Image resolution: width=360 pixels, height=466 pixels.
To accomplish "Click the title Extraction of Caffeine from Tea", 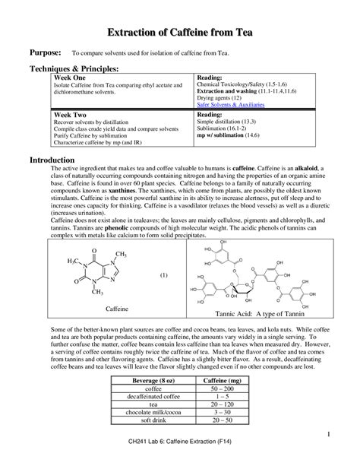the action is point(180,31).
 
